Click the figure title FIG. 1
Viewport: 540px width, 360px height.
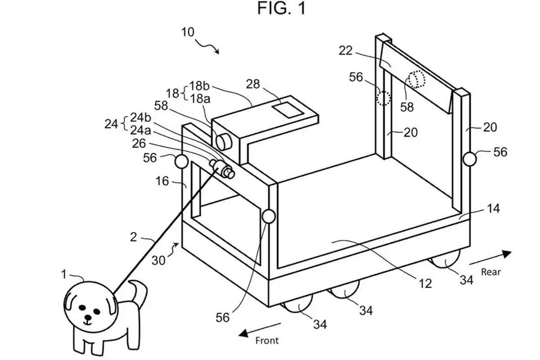281,8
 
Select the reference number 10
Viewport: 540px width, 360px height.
188,32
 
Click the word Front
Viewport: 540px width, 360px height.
267,341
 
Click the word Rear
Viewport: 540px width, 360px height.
491,272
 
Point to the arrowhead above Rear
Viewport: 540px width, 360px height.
507,254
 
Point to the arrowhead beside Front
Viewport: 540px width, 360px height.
243,333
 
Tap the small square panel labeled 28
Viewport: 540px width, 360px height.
288,110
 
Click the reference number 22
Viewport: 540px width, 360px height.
346,51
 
